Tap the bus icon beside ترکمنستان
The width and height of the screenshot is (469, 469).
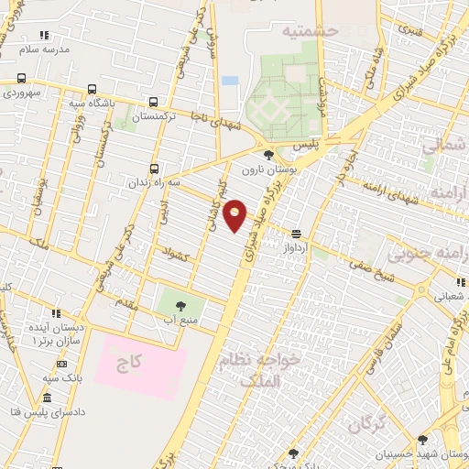(152, 103)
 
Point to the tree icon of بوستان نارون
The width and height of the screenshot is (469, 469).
(267, 155)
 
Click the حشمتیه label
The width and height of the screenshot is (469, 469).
(311, 31)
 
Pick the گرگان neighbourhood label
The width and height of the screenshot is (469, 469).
(365, 424)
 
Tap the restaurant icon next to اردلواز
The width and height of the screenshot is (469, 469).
(296, 234)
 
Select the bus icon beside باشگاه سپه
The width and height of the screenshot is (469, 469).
(91, 90)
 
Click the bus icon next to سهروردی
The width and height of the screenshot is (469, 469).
(20, 79)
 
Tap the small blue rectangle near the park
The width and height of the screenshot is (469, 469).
(230, 81)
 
